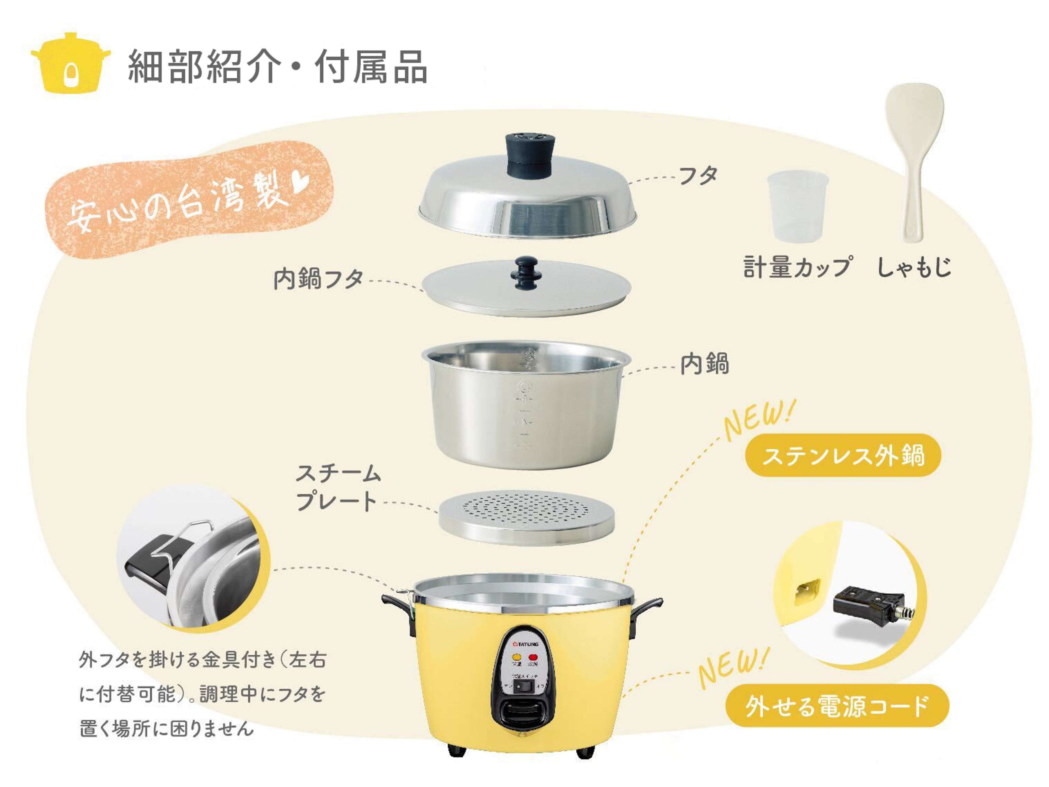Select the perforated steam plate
(x=526, y=516)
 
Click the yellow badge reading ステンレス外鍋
(x=843, y=455)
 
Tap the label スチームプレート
(x=338, y=487)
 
